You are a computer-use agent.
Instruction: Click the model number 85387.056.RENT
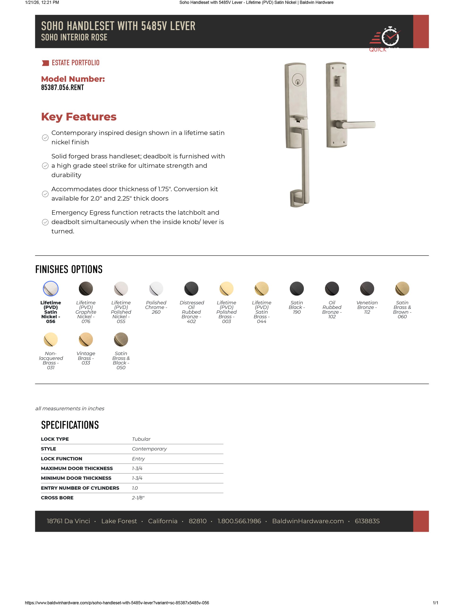click(62, 87)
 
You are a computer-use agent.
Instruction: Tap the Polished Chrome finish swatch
click(156, 289)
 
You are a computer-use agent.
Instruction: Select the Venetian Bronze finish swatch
click(367, 289)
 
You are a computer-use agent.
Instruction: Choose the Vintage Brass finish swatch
click(86, 339)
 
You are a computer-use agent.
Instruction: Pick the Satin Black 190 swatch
click(297, 289)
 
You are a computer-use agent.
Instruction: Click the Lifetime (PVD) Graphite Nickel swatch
click(86, 289)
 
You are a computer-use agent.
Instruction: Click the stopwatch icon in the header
click(390, 37)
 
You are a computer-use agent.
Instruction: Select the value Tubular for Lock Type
click(141, 439)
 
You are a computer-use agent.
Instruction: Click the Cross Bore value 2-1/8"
click(138, 498)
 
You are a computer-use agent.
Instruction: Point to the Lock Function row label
click(61, 459)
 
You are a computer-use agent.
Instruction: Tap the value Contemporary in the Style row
click(149, 449)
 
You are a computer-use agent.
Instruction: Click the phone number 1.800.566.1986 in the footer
click(239, 521)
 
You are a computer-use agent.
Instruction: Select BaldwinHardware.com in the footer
click(308, 521)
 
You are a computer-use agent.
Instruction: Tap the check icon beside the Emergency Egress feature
click(45, 222)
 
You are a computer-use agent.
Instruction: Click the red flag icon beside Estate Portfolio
click(45, 63)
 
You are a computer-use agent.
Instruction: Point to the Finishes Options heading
click(69, 269)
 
